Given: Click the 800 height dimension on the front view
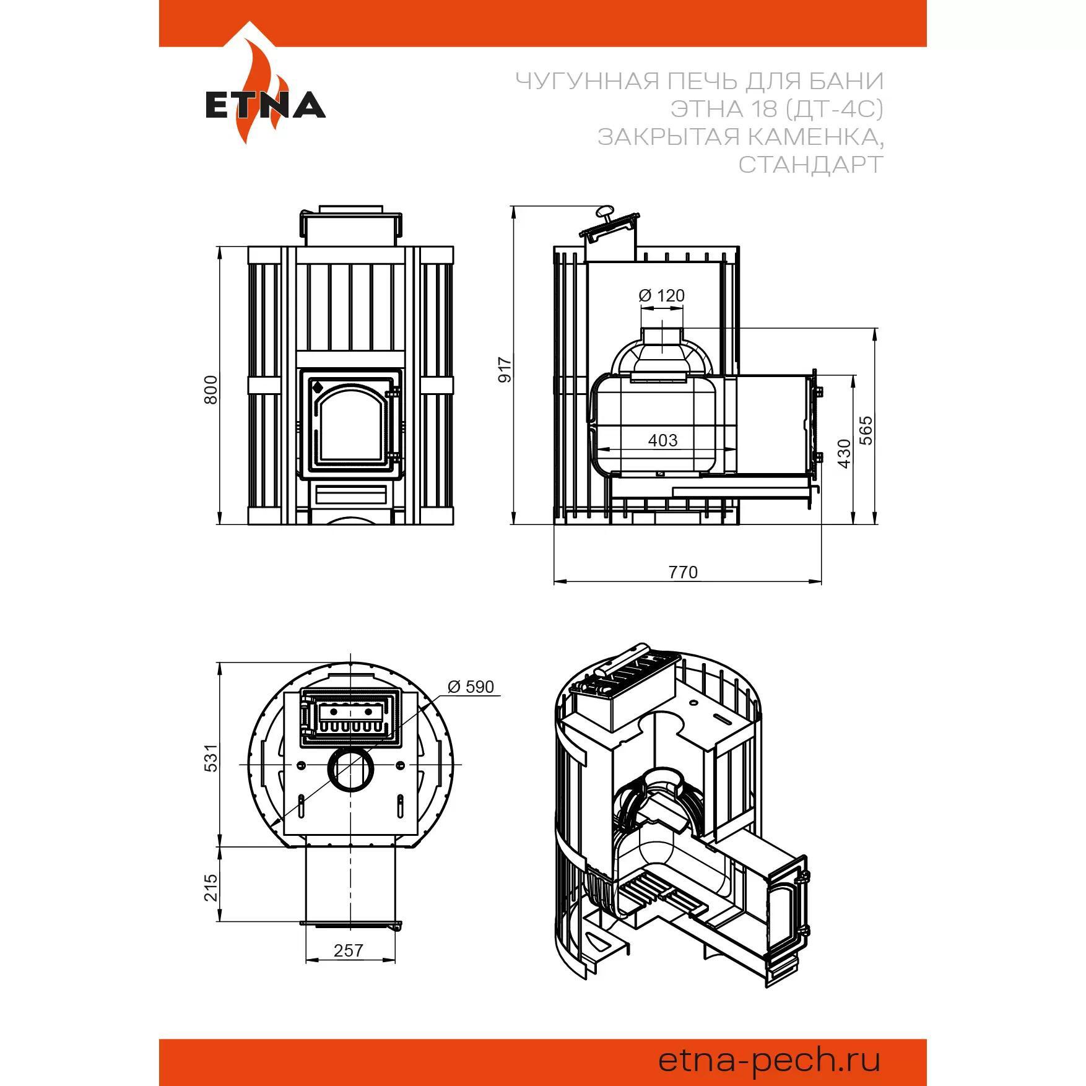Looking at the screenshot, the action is tap(212, 389).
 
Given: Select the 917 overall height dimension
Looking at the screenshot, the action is tap(506, 369).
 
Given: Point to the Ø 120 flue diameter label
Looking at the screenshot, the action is tap(662, 295).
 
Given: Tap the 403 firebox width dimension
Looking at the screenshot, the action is tap(662, 440).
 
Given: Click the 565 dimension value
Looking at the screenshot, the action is tap(866, 430).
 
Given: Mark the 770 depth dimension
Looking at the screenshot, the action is tap(683, 572).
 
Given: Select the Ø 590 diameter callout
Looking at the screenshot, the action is tap(471, 687).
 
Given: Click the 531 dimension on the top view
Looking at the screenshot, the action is tap(212, 757).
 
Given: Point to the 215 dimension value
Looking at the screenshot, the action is tap(212, 887).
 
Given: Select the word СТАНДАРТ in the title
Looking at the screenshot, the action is tap(810, 164).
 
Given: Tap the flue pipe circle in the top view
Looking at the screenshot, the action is tap(351, 770).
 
